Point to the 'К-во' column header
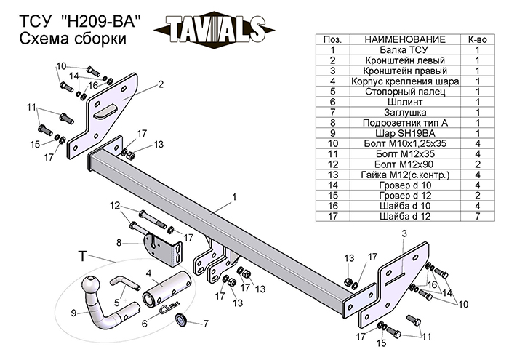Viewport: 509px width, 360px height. click(476, 39)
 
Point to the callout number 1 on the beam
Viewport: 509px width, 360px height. click(235, 196)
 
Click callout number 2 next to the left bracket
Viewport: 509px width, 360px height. click(160, 84)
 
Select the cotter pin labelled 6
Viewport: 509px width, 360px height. click(169, 311)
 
